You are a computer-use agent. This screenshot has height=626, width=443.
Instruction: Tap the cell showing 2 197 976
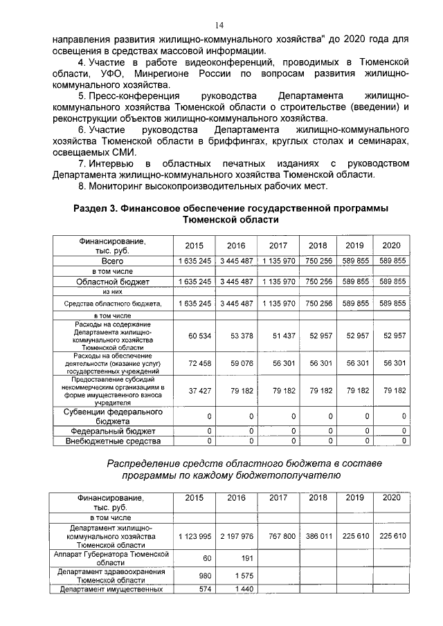(x=234, y=536)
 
